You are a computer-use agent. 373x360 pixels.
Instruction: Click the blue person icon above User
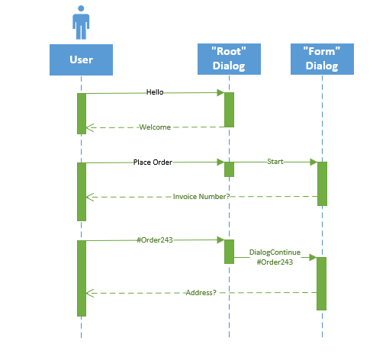(x=81, y=24)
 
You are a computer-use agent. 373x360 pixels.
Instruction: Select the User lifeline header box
(x=81, y=59)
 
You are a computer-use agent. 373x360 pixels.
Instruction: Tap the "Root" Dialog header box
(x=229, y=59)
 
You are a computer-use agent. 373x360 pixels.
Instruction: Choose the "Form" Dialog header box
(x=321, y=59)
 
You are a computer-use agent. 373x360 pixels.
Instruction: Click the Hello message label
(x=155, y=92)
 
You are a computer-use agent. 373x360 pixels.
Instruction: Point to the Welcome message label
(x=155, y=127)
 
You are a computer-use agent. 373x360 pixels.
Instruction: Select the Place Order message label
(x=153, y=162)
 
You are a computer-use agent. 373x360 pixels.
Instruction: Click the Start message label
(x=275, y=162)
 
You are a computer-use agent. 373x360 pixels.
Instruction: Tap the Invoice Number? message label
(x=201, y=197)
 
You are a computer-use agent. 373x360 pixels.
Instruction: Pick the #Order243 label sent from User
(x=155, y=239)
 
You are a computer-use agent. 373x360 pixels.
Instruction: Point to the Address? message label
(x=201, y=292)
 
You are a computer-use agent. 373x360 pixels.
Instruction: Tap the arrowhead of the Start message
(x=313, y=162)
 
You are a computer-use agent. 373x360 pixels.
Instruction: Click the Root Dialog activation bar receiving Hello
(x=229, y=110)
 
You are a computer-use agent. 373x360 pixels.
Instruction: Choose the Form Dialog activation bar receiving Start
(x=322, y=183)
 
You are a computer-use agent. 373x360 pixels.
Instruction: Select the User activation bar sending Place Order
(x=81, y=191)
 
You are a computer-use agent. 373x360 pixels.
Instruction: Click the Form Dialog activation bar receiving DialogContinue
(x=322, y=283)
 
